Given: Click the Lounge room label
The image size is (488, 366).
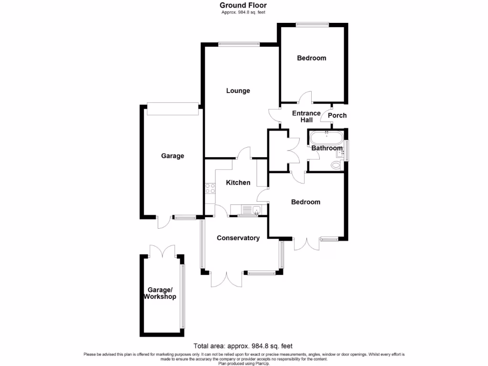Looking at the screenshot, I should point(238,91).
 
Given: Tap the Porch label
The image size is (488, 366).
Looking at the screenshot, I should point(337,115).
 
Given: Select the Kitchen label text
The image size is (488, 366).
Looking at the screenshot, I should point(238,183).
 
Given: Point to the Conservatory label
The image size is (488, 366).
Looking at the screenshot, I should point(238,238).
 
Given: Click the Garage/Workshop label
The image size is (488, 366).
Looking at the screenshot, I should point(160,293).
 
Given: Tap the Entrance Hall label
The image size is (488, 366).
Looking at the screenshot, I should point(306,117).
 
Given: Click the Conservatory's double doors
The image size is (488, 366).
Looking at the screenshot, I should point(227,279).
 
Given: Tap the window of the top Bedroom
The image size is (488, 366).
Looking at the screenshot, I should point(312,25).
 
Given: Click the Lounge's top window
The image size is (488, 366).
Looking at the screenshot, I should point(239,45).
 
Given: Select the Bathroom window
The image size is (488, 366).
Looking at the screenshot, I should point(347,151).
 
